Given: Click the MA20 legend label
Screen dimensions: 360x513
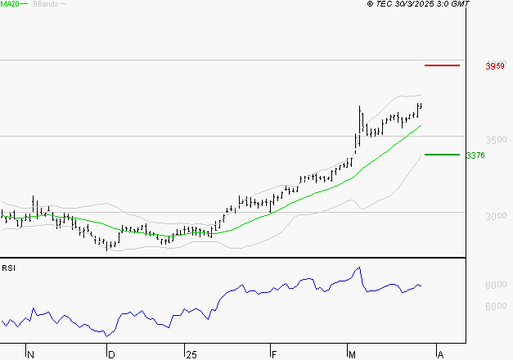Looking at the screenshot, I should (11, 4).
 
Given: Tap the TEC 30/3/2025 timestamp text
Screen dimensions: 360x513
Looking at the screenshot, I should (419, 4).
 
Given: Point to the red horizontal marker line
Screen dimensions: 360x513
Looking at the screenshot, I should (443, 65).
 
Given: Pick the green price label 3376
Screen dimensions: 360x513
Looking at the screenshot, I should (475, 155).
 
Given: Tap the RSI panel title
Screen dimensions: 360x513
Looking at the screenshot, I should (8, 268).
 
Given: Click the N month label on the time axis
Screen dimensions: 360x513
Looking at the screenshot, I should (31, 354).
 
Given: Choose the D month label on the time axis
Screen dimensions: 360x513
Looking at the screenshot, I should (111, 354).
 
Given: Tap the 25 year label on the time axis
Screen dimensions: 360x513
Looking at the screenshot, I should (191, 354).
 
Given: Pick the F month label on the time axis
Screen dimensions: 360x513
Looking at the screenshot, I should (273, 354).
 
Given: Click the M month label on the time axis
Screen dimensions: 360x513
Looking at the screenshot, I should (353, 354).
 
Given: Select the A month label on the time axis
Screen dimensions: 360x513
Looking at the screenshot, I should (440, 354).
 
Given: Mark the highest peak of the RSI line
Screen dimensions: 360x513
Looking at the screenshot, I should (358, 268).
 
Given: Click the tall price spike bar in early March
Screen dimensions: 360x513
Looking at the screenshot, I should (360, 119).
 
